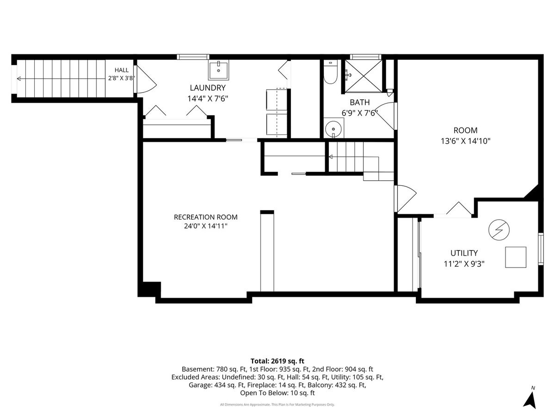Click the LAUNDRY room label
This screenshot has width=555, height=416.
[x=208, y=88]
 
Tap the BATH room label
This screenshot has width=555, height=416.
[x=359, y=102]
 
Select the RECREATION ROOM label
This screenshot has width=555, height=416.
[x=205, y=217]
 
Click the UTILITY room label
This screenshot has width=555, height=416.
[x=464, y=253]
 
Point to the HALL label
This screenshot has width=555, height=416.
[x=122, y=70]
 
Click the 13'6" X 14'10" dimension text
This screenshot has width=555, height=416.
[x=465, y=141]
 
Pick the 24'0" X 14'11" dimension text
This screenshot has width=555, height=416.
[x=205, y=226]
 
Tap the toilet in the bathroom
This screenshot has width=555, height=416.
[x=331, y=72]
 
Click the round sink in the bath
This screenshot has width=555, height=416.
[x=333, y=129]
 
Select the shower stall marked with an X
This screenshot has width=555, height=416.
[x=364, y=76]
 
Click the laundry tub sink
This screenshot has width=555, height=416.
[x=219, y=70]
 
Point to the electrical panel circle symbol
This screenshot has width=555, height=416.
[x=499, y=230]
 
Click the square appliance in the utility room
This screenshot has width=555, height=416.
[x=516, y=257]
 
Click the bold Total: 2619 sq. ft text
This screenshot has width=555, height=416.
[x=277, y=361]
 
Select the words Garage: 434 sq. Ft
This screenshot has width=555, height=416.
[x=217, y=385]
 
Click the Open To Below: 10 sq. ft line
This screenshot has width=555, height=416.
[x=277, y=393]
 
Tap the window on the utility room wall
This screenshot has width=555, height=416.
[x=541, y=249]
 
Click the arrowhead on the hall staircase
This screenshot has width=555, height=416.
[x=19, y=79]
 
